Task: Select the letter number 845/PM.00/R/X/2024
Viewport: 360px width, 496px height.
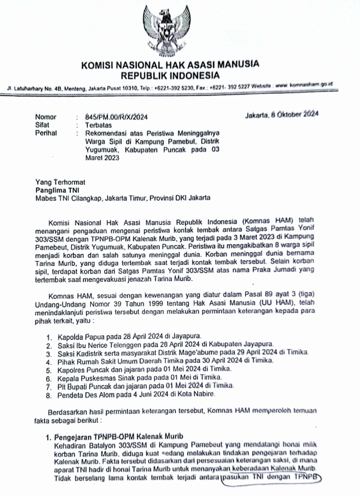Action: tap(116, 117)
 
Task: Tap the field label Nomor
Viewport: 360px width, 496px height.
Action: tap(46, 117)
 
